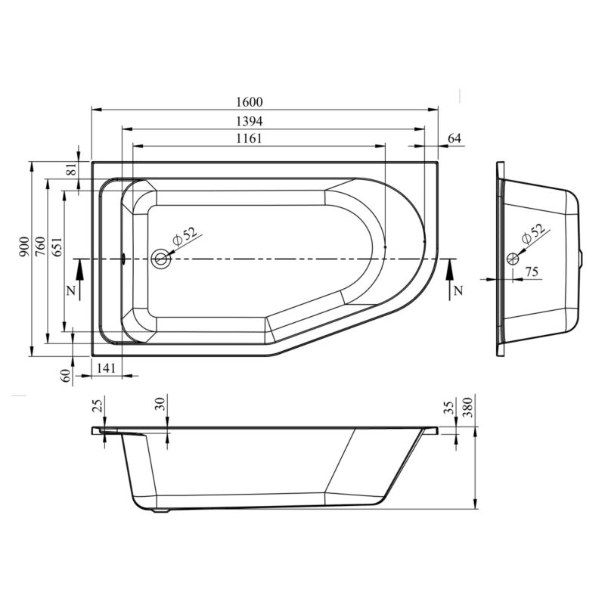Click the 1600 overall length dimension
tap(250, 102)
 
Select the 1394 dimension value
tap(250, 122)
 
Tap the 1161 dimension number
tap(250, 138)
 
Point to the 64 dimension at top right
tap(455, 138)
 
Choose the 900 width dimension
tap(24, 247)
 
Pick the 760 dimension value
tap(40, 247)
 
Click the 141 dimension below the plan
tap(106, 368)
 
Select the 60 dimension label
tap(67, 375)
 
